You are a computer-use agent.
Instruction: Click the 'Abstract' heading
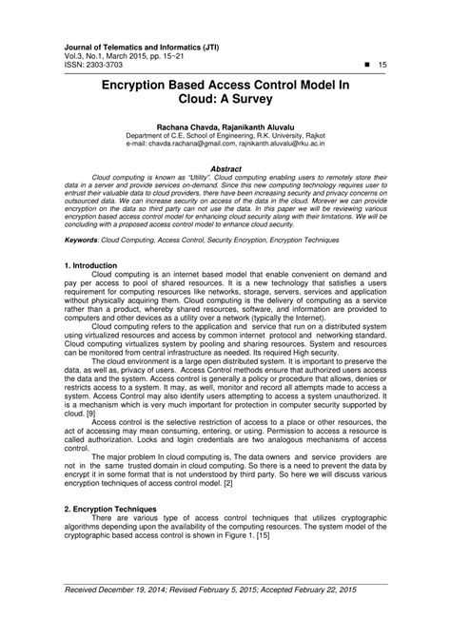pos(225,167)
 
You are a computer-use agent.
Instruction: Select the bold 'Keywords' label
pos(84,241)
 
